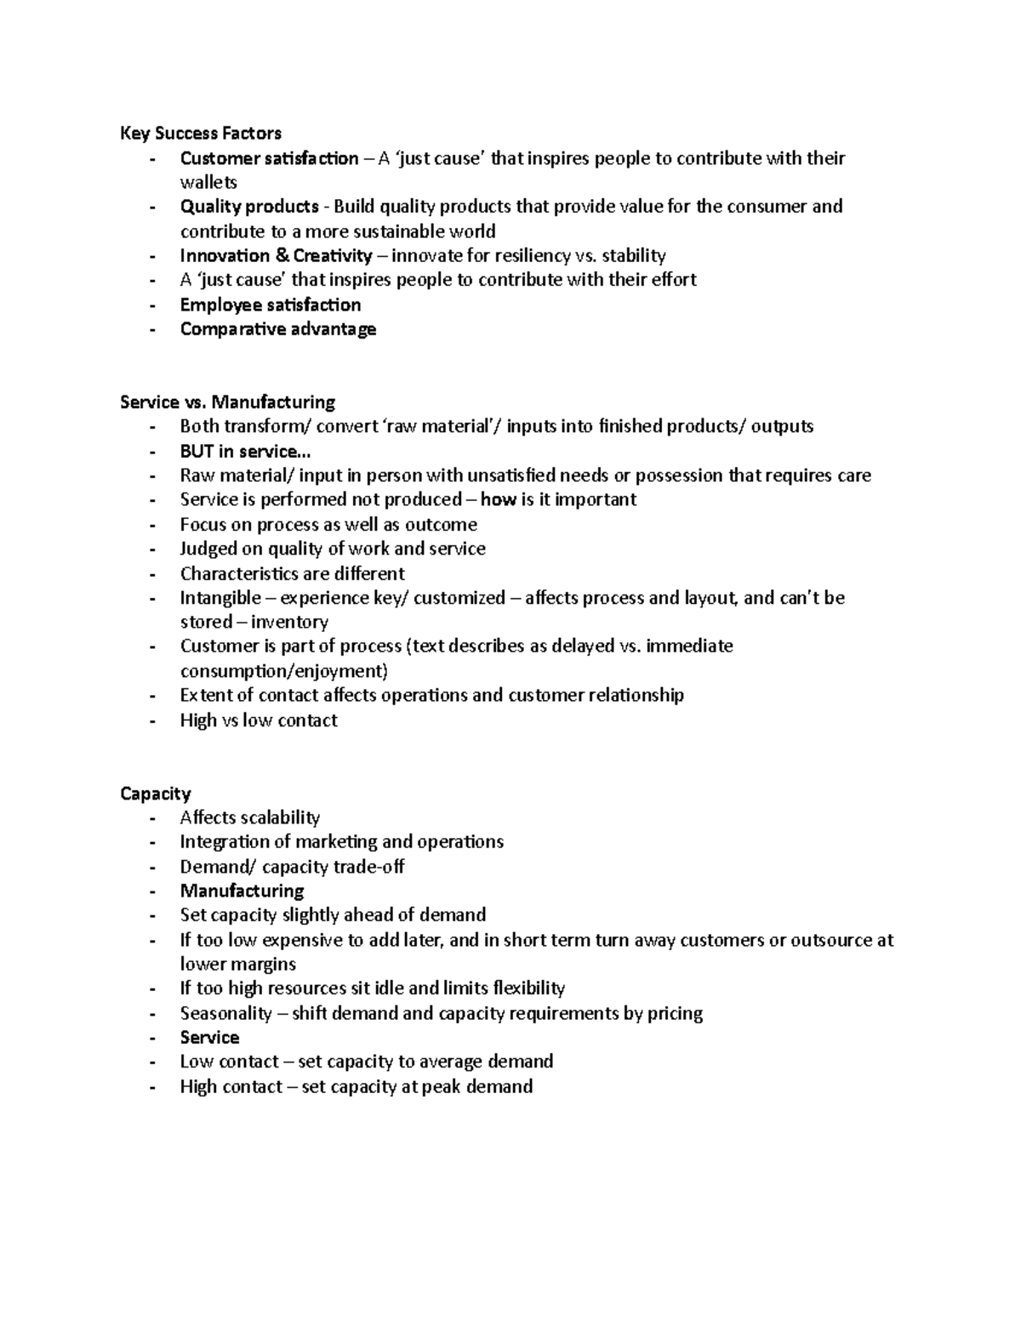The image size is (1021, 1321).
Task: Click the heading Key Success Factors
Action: [201, 133]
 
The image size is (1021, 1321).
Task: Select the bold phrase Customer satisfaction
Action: [269, 158]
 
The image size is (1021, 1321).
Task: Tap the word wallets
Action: [208, 182]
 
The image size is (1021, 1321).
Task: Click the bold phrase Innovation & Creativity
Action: [276, 256]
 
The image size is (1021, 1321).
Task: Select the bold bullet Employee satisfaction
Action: [270, 305]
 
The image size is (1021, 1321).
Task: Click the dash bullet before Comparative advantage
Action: [152, 329]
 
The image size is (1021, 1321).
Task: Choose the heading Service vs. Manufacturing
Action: [227, 401]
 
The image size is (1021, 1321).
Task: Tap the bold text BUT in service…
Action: [239, 451]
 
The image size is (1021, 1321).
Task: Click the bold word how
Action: [498, 499]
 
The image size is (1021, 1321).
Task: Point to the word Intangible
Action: [220, 598]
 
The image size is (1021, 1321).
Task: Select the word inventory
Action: [289, 622]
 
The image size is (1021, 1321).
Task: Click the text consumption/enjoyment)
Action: [283, 671]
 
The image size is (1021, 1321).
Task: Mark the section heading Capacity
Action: [156, 794]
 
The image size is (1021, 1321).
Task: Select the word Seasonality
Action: [225, 1013]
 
